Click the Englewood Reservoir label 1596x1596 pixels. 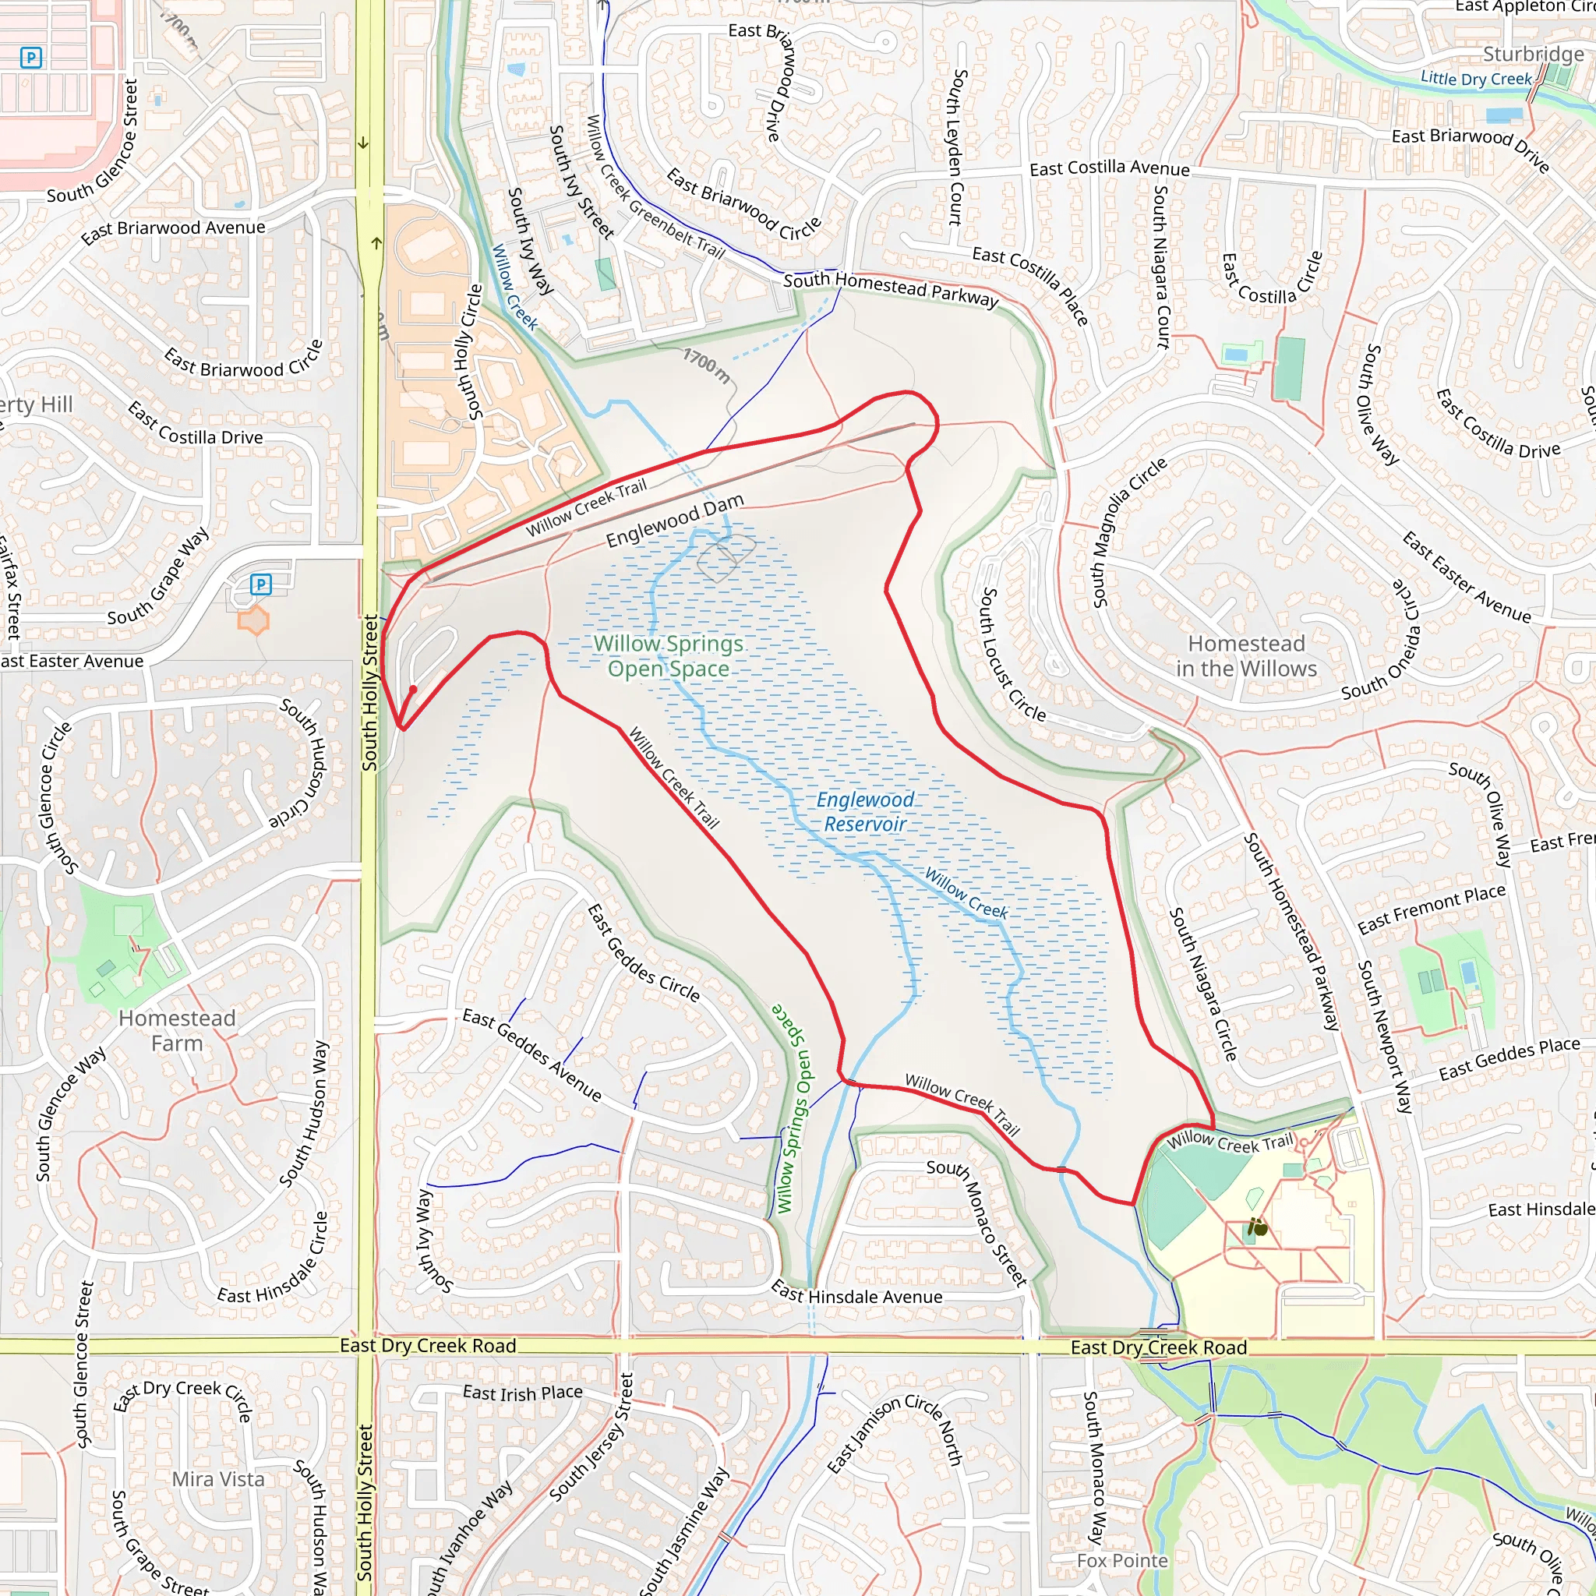pos(865,811)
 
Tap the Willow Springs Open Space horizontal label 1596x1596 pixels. pos(669,656)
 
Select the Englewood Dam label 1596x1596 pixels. pos(675,521)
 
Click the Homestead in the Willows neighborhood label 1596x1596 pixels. pos(1246,656)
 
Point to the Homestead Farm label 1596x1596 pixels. pos(177,1030)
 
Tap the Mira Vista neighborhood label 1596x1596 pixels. pos(218,1478)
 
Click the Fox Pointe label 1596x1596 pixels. pos(1122,1560)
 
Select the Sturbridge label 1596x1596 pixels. pos(1533,55)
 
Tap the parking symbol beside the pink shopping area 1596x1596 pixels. pos(30,57)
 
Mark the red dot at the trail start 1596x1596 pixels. pos(413,689)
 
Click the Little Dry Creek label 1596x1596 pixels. pos(1475,79)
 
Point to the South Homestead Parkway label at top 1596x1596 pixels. pos(891,288)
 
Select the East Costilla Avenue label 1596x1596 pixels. pos(1110,168)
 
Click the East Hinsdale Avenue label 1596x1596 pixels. pos(856,1294)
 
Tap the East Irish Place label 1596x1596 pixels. pos(522,1393)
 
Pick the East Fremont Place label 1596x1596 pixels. pos(1432,909)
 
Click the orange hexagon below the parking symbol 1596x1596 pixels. pos(253,620)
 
